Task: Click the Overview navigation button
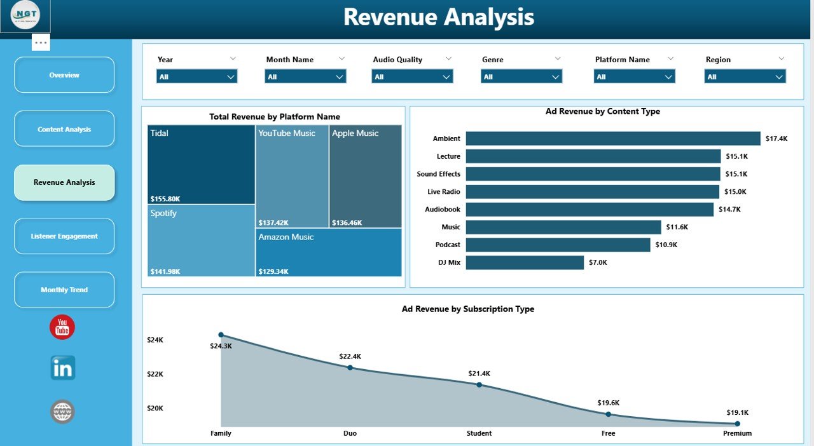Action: (64, 75)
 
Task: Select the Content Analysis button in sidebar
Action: (64, 129)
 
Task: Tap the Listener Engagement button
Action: (64, 236)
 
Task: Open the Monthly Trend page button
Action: (64, 290)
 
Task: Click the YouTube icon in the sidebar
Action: (62, 327)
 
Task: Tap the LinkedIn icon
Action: (62, 368)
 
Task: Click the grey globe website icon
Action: (62, 412)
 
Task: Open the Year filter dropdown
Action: (197, 77)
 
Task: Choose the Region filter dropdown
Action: (745, 77)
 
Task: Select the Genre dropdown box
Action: (521, 77)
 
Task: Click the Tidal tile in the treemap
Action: (201, 164)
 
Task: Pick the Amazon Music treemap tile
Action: (328, 253)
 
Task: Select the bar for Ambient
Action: (612, 139)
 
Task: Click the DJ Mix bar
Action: (525, 262)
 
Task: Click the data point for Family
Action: (221, 335)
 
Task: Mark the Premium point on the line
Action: (737, 423)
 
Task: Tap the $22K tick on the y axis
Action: (155, 374)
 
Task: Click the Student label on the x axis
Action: (479, 433)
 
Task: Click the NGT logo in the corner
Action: (25, 16)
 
